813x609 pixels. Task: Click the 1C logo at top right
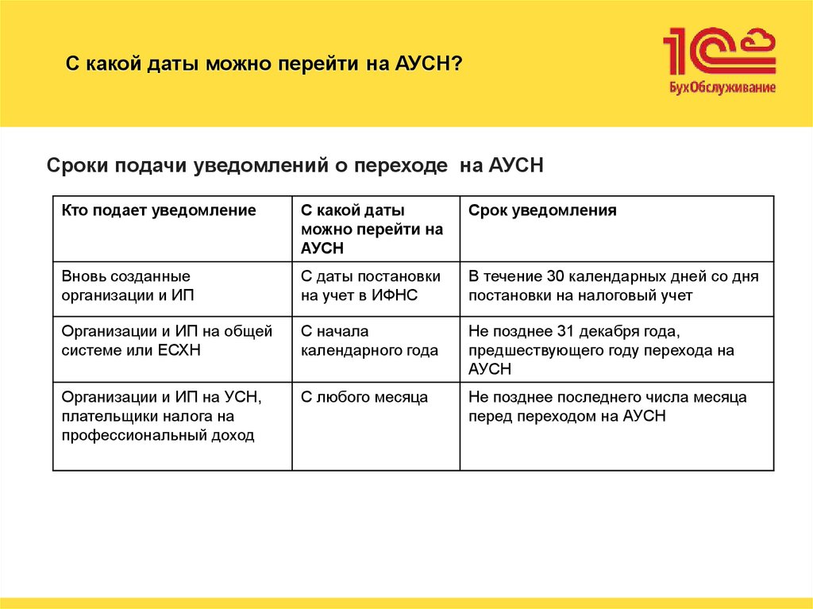coord(719,52)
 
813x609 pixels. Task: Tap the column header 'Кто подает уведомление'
coord(159,210)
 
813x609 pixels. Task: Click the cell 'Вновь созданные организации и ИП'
coord(127,286)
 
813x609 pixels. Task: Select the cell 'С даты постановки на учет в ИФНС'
coord(370,286)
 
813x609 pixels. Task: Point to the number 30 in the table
coord(556,277)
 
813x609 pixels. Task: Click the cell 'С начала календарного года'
coord(369,341)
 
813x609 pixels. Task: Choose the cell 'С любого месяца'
coord(364,397)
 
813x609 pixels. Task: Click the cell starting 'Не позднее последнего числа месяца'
coord(607,407)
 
